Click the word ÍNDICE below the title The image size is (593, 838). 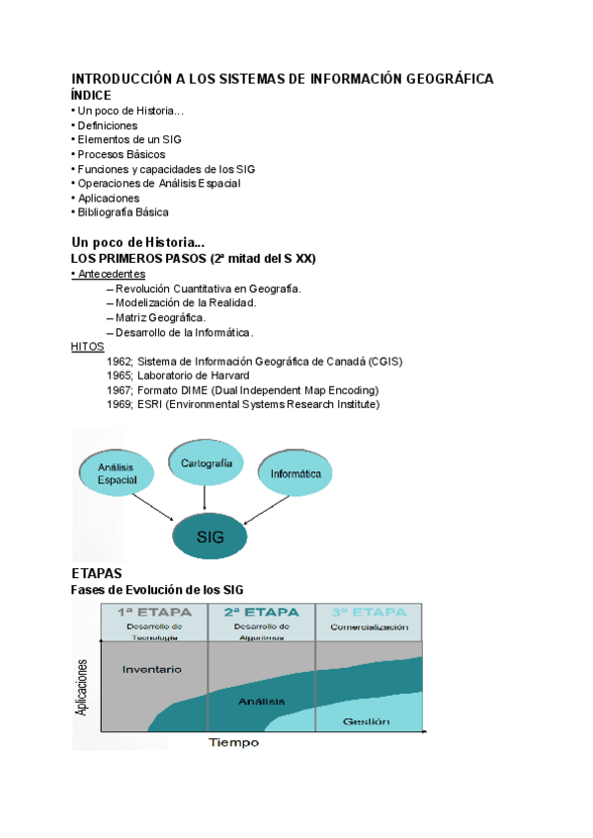point(98,95)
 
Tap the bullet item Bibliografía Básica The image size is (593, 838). point(122,211)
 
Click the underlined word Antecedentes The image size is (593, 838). point(111,274)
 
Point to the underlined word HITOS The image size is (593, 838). point(87,347)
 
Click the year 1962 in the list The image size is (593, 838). point(120,362)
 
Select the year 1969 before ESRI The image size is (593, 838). point(120,404)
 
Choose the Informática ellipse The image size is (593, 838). point(296,473)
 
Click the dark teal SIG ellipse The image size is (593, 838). point(211,538)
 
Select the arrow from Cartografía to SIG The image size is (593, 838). point(208,497)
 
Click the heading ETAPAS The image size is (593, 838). point(97,573)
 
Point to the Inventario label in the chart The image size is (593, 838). point(151,669)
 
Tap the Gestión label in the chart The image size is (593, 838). point(367,721)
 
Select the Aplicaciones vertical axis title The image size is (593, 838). point(82,689)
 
